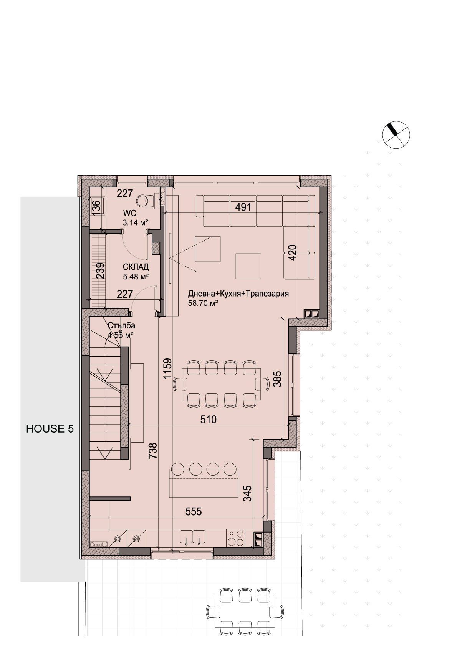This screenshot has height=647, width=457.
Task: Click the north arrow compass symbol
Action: pos(396,134)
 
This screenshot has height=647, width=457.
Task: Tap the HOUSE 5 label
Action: pos(50,429)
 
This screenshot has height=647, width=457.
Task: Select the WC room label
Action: pos(130,214)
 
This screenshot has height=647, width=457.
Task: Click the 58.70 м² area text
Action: pos(203,303)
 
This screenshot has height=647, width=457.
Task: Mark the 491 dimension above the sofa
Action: pos(243,207)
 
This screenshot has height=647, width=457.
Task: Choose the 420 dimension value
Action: pos(292,253)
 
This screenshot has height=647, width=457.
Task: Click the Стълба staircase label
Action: pos(121,325)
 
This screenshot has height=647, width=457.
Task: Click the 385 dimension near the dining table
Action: pos(278,379)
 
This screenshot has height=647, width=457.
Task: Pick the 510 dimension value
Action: pos(208,420)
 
